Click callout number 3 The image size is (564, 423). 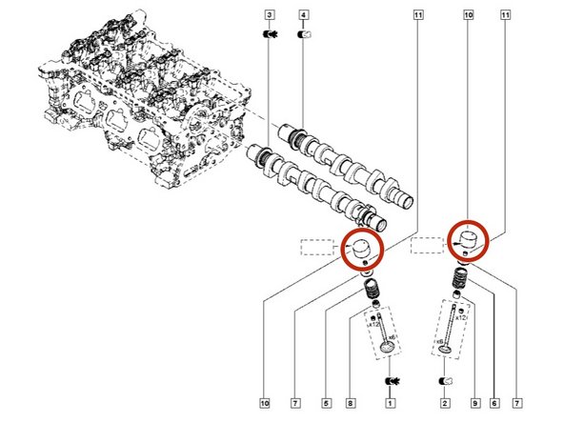[x=270, y=15]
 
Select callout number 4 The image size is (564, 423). [x=303, y=15]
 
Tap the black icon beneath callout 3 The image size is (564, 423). [x=270, y=35]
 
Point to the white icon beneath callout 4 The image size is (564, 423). [x=304, y=35]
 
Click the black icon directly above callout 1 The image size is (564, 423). [x=389, y=382]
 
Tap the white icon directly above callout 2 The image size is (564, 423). [x=443, y=382]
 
